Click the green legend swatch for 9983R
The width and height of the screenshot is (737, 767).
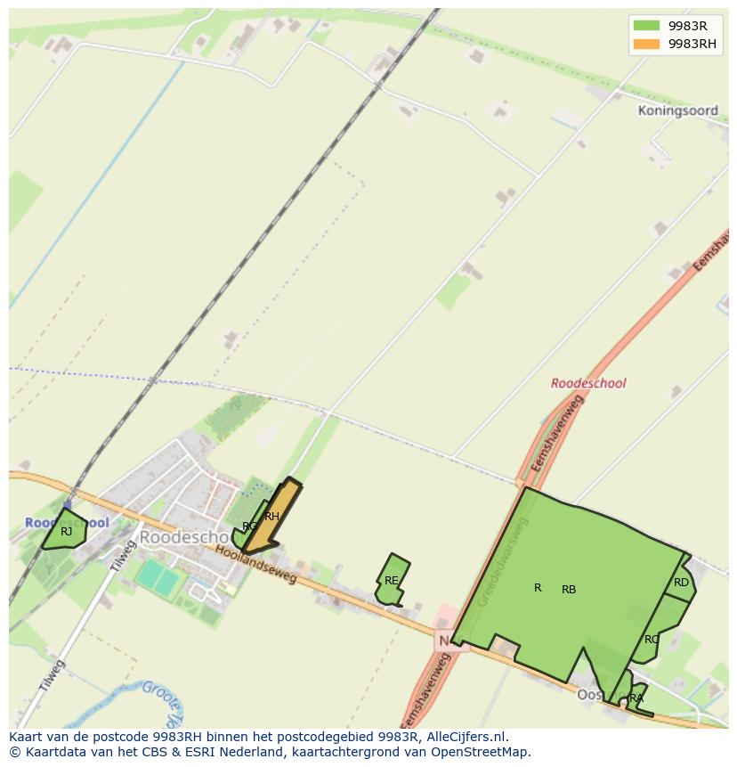646,26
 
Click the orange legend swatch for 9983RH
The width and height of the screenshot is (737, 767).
646,44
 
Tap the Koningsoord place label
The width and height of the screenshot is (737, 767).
677,111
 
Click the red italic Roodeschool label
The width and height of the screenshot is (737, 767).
587,383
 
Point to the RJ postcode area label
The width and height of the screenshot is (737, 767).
66,532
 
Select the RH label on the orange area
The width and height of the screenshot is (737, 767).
272,517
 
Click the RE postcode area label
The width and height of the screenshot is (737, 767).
391,581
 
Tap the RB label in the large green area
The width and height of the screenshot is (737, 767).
569,590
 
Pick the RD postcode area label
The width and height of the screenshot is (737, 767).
681,583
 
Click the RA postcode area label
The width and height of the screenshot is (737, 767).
636,698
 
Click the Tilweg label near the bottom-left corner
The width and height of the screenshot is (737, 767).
52,677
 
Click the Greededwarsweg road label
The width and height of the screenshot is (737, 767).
502,562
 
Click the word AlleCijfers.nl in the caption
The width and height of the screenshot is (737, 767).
467,737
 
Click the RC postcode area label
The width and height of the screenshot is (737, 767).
652,640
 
